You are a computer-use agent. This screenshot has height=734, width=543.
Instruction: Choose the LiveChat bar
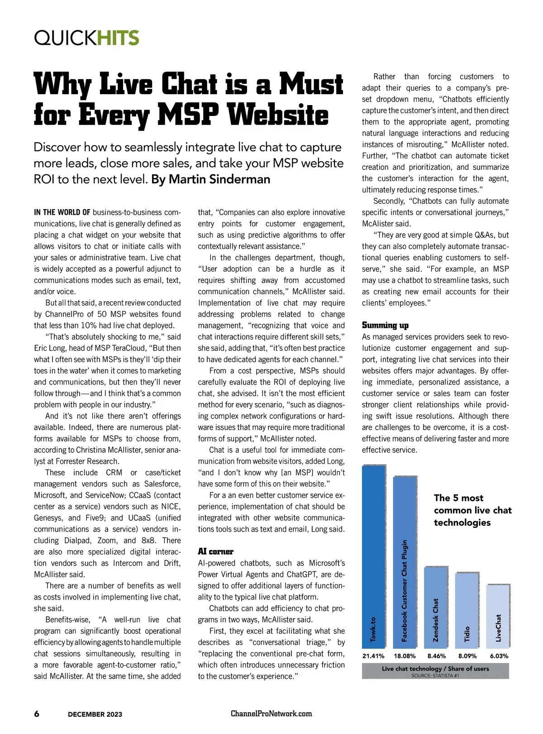(498, 616)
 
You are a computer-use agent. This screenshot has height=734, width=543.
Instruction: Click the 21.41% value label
(373, 656)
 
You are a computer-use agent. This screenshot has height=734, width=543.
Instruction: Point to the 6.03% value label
(499, 656)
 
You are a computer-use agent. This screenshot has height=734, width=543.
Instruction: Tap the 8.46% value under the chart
(436, 656)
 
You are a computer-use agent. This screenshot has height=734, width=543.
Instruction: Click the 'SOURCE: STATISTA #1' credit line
(435, 676)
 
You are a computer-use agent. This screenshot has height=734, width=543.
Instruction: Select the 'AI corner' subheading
(215, 552)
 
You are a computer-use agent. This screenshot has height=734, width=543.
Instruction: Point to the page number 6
(37, 714)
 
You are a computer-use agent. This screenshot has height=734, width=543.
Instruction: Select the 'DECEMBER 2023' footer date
(95, 714)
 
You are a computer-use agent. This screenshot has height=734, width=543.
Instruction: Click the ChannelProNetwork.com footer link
(271, 714)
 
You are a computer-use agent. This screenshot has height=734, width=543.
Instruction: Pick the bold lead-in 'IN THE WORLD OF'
(62, 212)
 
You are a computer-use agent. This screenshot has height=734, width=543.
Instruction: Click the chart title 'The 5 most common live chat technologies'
(472, 510)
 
